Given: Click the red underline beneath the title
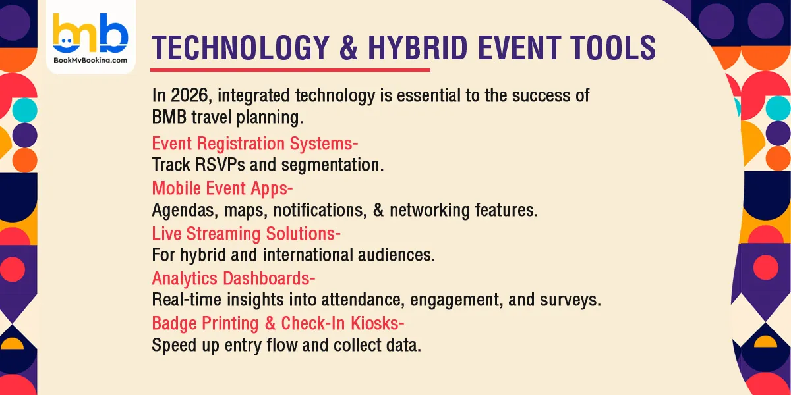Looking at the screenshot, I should click(290, 70).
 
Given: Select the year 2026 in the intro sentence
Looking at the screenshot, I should click(191, 96).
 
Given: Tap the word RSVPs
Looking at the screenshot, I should click(216, 165).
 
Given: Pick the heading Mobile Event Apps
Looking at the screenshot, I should click(221, 188).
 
